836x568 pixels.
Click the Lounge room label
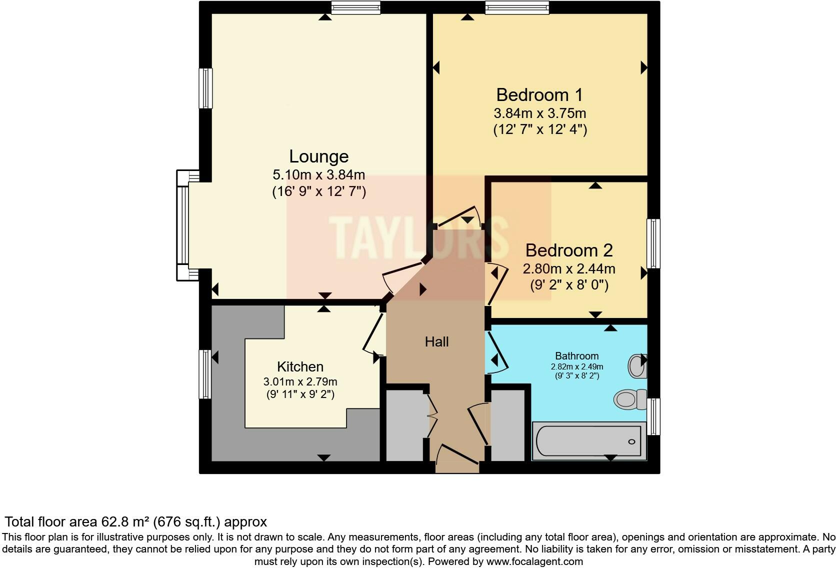tap(318, 156)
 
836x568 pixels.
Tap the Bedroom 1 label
tap(539, 94)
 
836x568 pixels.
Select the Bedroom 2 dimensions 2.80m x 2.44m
tap(569, 269)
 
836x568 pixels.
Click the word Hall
tap(436, 342)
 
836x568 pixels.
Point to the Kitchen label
tap(300, 366)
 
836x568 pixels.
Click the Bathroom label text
tap(576, 356)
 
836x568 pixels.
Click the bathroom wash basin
tap(637, 366)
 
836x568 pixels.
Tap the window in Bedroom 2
tap(653, 243)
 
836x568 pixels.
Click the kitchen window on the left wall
tap(205, 374)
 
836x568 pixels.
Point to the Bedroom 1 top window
tap(516, 7)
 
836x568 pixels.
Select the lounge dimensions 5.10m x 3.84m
tap(318, 175)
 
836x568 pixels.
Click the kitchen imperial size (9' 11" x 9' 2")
tap(300, 394)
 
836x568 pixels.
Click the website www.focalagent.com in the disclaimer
tap(534, 561)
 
